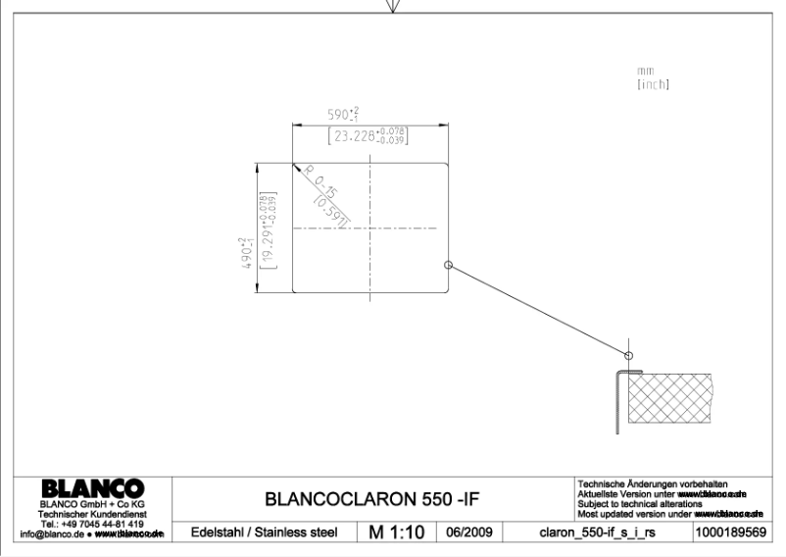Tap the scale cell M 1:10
[x=395, y=532]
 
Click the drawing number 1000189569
[x=733, y=532]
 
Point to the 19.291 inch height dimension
[x=265, y=231]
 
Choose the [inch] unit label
[x=653, y=84]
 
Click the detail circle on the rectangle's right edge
[x=449, y=265]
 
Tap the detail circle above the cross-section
[x=629, y=353]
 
